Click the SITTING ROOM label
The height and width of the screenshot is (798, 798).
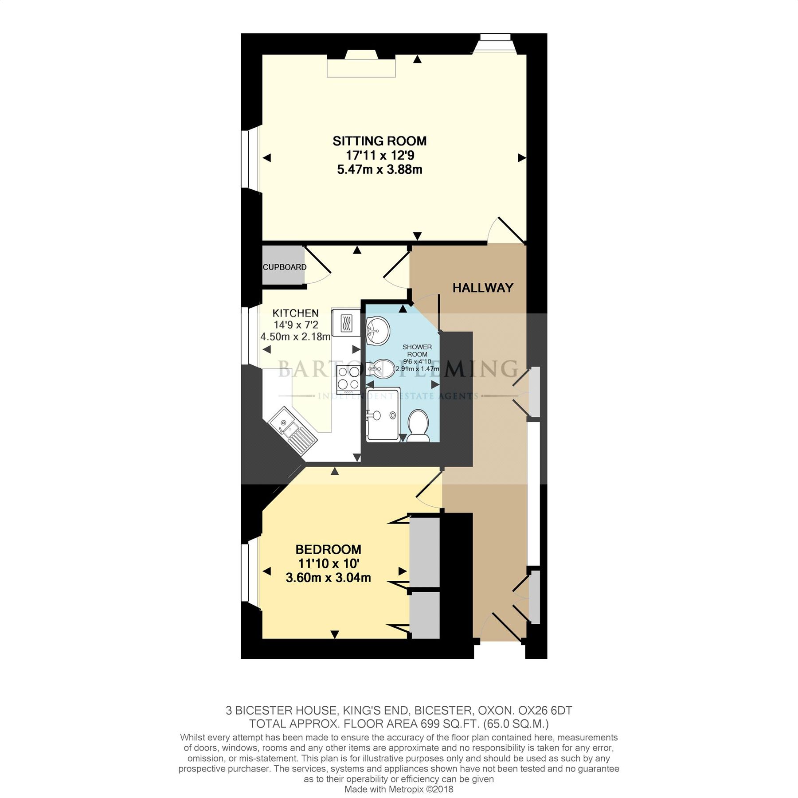[x=379, y=141]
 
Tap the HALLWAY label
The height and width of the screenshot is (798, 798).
[x=482, y=288]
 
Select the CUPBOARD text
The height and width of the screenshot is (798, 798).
[x=284, y=267]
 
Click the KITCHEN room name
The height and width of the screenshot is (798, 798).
[x=295, y=313]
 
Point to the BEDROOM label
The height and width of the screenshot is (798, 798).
[x=328, y=549]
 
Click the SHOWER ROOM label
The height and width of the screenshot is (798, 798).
[x=417, y=350]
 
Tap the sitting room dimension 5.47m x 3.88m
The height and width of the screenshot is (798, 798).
[x=379, y=169]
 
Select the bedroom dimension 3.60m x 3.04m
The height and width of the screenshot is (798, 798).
[x=328, y=578]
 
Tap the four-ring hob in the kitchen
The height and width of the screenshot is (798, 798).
[x=348, y=379]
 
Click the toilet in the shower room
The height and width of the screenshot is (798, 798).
[x=417, y=424]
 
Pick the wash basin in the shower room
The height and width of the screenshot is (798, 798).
[x=378, y=330]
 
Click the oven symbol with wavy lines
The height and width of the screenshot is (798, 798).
[x=346, y=322]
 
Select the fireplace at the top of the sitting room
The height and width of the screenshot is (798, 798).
[x=361, y=66]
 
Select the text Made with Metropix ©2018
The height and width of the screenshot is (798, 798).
[x=399, y=789]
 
